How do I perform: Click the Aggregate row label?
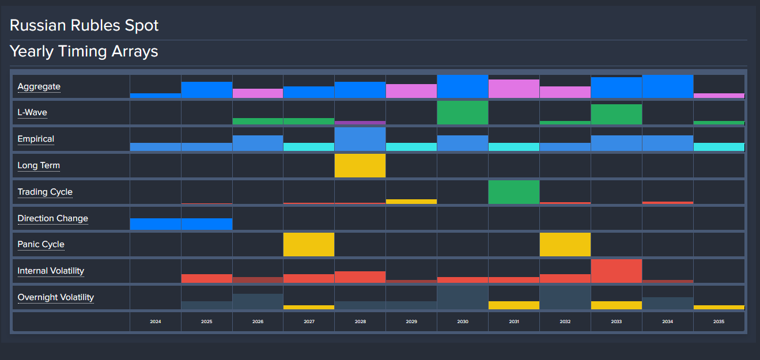tap(39, 87)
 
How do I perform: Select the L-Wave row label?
tap(32, 113)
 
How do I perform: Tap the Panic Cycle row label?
tap(41, 244)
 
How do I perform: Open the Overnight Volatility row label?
tap(56, 297)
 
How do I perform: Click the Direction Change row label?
tap(53, 218)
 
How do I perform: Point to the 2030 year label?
tap(463, 322)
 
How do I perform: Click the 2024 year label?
tap(155, 322)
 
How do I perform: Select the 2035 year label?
tap(719, 322)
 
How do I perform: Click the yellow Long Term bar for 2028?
tap(360, 166)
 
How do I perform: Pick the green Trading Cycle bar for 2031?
tap(514, 192)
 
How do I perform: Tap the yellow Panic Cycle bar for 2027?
tap(309, 245)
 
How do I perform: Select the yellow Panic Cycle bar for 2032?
tap(565, 245)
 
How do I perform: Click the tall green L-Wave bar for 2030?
tap(463, 113)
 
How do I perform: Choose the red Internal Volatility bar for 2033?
tap(617, 271)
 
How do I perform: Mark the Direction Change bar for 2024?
tap(156, 224)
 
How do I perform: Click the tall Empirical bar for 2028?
tap(360, 139)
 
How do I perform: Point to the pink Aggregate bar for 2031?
tap(514, 89)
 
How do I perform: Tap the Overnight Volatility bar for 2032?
tap(565, 298)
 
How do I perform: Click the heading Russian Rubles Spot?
tap(84, 25)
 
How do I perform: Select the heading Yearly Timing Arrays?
tap(84, 51)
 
